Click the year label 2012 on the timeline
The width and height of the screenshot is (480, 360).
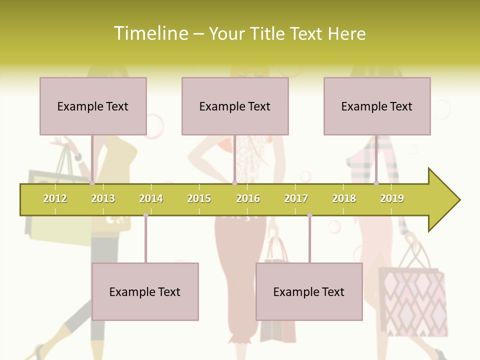point(55,198)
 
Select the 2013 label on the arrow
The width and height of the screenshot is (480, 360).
point(103,198)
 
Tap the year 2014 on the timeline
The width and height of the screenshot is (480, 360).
point(151,198)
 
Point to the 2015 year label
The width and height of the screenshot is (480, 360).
point(199,198)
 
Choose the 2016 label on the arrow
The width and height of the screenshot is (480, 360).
point(248,198)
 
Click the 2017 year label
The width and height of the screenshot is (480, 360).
point(296,198)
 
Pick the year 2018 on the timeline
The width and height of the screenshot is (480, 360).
point(344,198)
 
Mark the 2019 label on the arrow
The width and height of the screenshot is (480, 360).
point(392,198)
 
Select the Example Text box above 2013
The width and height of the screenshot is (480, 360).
point(93,106)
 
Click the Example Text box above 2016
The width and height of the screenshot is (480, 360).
point(235,106)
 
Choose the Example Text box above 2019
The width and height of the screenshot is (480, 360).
point(377,106)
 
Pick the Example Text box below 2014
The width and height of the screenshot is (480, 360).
point(145,291)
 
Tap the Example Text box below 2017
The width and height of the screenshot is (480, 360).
point(309,291)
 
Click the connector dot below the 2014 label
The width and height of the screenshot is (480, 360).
point(145,215)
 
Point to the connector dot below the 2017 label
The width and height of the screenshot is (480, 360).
point(309,215)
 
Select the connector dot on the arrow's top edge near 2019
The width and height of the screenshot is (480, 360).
point(376,183)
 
